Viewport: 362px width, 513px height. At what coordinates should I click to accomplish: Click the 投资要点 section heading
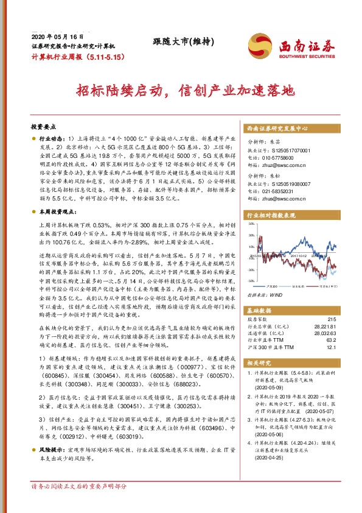pos(43,127)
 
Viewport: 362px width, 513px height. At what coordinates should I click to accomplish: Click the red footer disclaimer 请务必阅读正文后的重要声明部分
pos(79,503)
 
